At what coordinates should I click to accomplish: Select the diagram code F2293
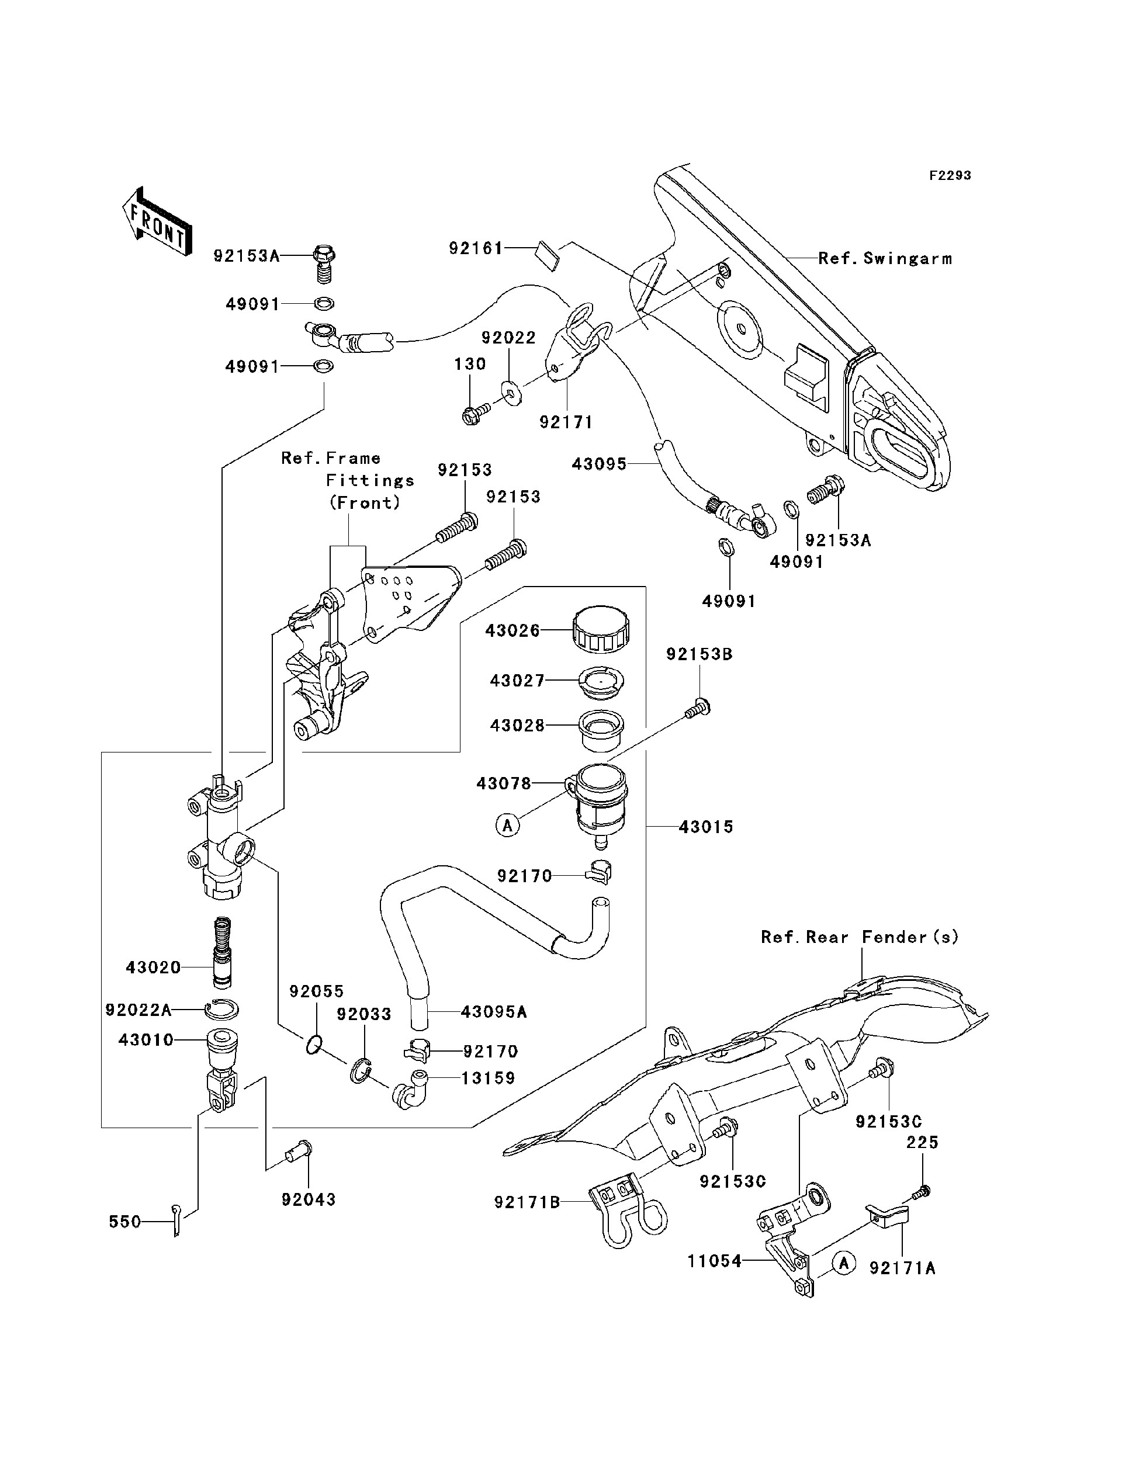950,176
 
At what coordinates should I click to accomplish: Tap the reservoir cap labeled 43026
601,629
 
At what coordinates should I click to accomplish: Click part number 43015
706,827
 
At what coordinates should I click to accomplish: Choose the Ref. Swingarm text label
885,258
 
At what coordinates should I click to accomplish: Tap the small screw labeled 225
922,1189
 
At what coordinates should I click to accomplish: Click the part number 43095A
494,1012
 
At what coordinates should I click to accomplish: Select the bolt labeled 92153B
697,708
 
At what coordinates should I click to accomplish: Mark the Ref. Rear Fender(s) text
860,937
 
